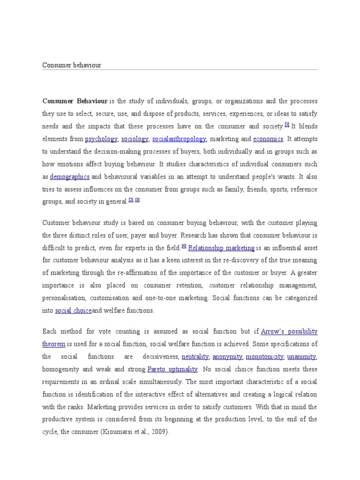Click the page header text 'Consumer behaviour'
click(x=72, y=65)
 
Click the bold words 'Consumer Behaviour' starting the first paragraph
click(x=75, y=101)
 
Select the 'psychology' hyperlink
click(x=101, y=139)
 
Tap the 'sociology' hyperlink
click(x=135, y=139)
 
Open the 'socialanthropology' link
click(x=179, y=139)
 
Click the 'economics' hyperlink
click(x=268, y=139)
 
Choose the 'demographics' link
click(x=70, y=177)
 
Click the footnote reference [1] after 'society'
click(x=287, y=125)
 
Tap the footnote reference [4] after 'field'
click(x=184, y=246)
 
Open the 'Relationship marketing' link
click(x=221, y=248)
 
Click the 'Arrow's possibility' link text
click(x=289, y=331)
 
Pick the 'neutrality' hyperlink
click(x=195, y=357)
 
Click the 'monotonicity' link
click(x=264, y=357)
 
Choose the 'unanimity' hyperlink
click(x=302, y=357)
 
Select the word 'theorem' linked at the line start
click(x=54, y=344)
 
